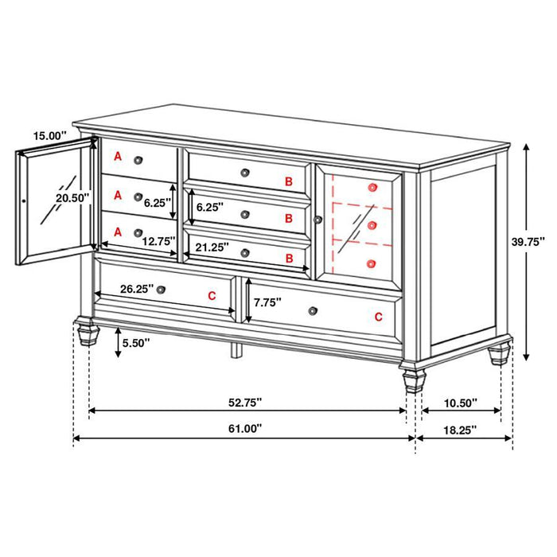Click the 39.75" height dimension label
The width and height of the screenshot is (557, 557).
(x=528, y=241)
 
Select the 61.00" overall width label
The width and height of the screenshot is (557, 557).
(x=245, y=427)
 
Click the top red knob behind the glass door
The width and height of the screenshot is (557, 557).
(x=372, y=187)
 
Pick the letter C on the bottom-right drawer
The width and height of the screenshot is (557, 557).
(x=378, y=317)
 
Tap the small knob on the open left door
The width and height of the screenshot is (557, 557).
(x=25, y=202)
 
